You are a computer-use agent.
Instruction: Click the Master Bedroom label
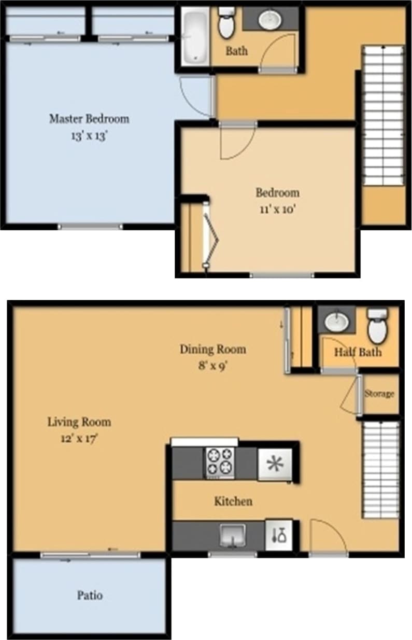coord(89,119)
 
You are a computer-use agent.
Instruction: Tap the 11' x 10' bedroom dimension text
coord(277,210)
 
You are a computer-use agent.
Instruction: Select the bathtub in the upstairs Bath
coord(195,36)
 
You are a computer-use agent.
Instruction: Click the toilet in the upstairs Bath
coord(226,23)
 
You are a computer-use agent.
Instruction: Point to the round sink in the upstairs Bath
coord(270,20)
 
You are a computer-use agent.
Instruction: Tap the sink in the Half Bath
coord(336,322)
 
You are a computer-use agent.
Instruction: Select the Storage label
coord(379,394)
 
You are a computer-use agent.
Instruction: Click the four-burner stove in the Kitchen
coord(220,462)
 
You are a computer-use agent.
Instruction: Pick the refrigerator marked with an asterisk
coord(275,464)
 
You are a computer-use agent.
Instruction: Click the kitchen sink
coord(232,534)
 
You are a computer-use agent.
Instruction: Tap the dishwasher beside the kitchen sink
coord(279,535)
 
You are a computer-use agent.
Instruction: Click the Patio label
coord(90,595)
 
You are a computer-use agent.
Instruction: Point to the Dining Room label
coord(213,349)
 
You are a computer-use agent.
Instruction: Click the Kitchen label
coord(233,501)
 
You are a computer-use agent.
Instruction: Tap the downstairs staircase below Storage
coord(380,469)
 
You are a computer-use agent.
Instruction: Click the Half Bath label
coord(358,352)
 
